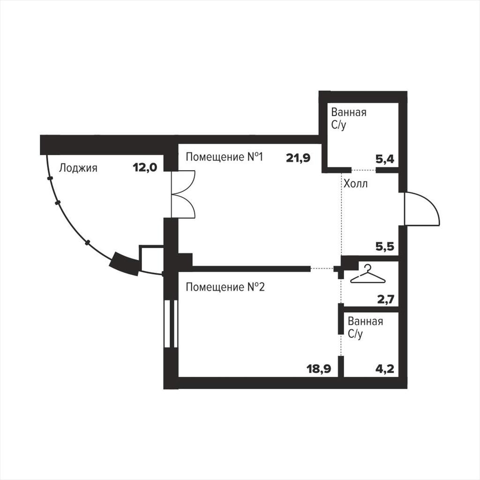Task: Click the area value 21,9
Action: tap(298, 158)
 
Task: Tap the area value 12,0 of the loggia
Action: tap(145, 167)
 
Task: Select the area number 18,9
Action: tap(319, 368)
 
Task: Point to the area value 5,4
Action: tap(385, 159)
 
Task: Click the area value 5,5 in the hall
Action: tap(385, 246)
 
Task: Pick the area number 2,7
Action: tap(386, 299)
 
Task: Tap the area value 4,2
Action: tap(385, 368)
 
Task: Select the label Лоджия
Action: tap(78, 168)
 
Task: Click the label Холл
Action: tap(355, 184)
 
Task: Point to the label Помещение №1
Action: tap(225, 157)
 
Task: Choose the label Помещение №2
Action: tap(225, 287)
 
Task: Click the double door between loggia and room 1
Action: tap(183, 195)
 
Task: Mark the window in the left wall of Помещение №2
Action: tap(171, 324)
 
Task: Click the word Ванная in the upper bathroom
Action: tap(349, 112)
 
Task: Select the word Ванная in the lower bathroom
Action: tap(366, 322)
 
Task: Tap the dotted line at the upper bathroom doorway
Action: tap(363, 170)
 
